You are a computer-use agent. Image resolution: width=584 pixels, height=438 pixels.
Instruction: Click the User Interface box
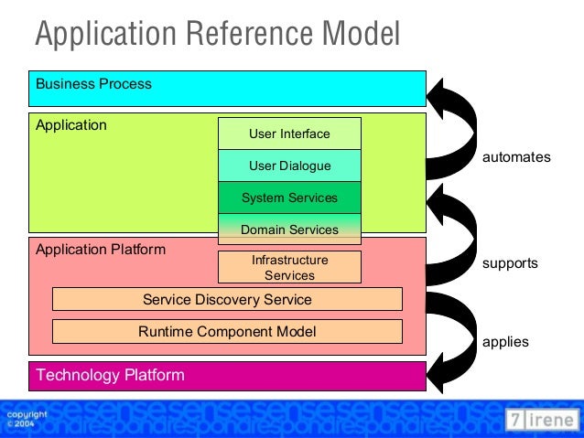coord(289,134)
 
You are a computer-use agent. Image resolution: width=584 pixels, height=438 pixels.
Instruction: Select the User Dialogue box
coord(289,166)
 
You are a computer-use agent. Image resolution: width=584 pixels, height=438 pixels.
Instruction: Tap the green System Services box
coord(289,198)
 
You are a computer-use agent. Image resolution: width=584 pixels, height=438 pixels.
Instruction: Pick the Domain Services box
coord(289,230)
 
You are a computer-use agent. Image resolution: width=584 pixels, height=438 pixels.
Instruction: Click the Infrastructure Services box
coord(289,267)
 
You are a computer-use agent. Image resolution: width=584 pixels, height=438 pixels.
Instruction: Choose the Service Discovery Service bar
coord(227,299)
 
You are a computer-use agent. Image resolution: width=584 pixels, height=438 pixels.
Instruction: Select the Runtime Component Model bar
coord(227,331)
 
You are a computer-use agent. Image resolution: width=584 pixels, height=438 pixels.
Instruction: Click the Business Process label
coord(93,84)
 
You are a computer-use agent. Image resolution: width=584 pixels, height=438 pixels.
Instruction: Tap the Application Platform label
coord(101,249)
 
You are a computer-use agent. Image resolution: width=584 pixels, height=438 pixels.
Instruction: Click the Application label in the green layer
coord(71,124)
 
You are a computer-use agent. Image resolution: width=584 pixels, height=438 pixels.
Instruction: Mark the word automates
coord(516,157)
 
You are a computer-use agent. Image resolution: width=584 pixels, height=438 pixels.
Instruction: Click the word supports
coord(510,263)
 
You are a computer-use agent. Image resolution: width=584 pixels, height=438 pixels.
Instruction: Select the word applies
coord(505,342)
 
